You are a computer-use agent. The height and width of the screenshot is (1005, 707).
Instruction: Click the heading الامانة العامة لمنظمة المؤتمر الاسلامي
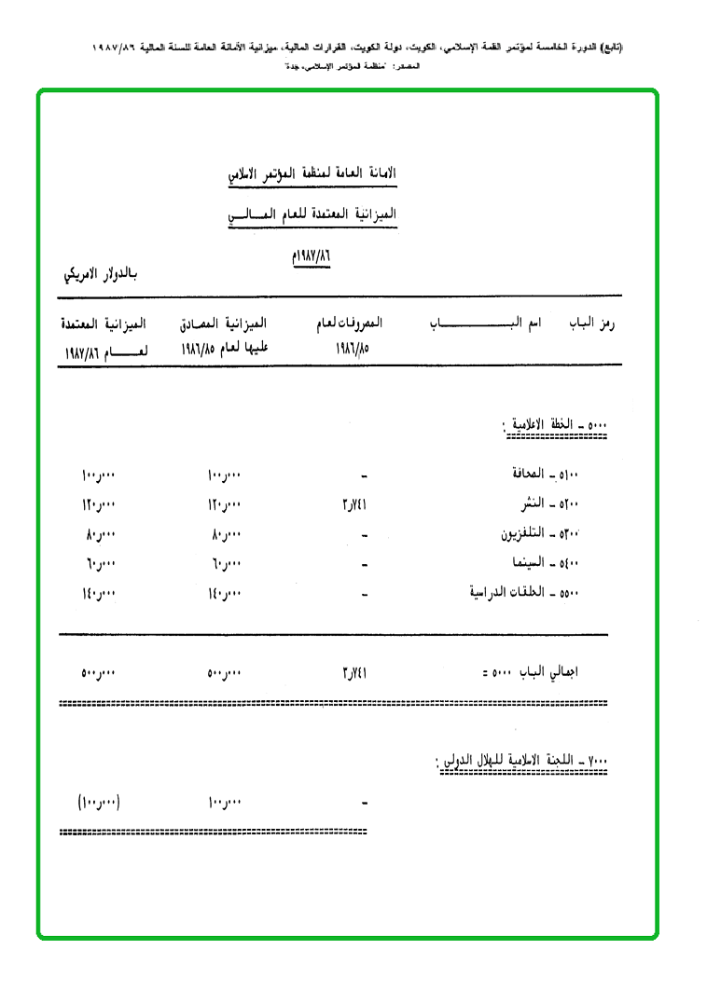(x=312, y=173)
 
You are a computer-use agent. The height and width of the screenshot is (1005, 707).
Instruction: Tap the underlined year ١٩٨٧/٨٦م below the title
(x=312, y=255)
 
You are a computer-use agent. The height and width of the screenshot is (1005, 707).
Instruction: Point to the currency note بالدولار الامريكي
(x=99, y=274)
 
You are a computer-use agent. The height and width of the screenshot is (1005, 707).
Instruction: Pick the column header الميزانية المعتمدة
(x=103, y=324)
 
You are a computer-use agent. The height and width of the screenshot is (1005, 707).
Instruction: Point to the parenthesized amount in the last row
(x=99, y=802)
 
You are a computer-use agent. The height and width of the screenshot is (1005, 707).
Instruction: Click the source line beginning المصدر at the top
(x=354, y=67)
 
